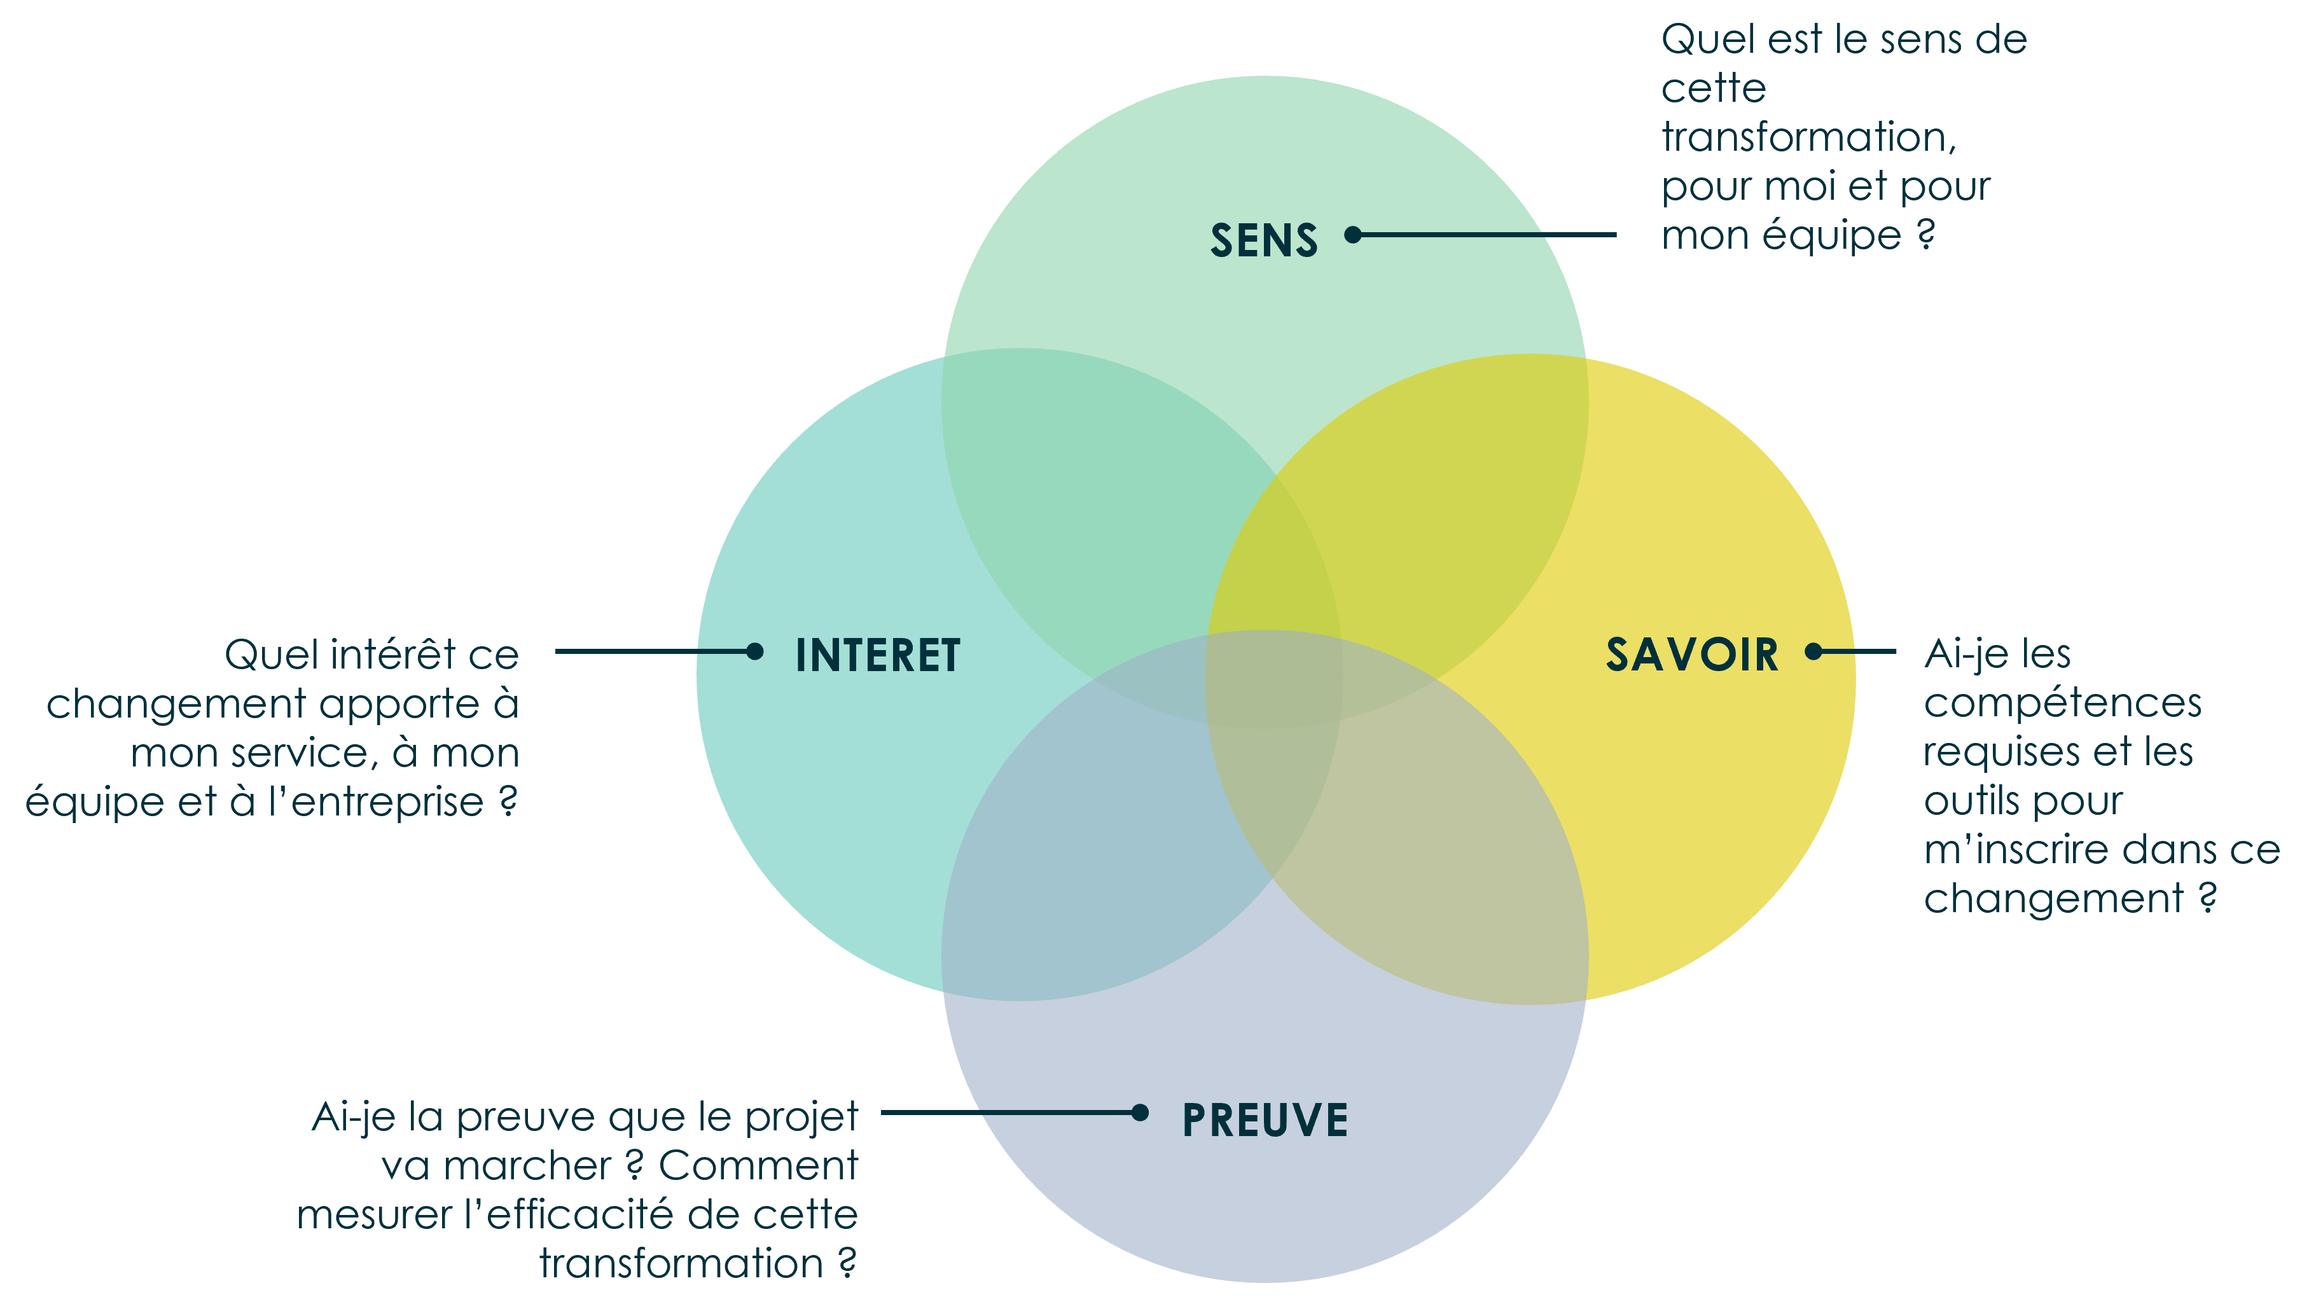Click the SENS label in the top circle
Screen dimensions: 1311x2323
[x=1263, y=240]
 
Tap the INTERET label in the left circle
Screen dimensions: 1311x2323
[x=877, y=655]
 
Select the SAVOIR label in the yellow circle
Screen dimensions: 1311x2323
[x=1692, y=655]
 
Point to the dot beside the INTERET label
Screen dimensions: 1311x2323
[x=755, y=651]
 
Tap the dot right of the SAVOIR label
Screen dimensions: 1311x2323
[x=1813, y=651]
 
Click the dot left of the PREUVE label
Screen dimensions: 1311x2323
[x=1140, y=1113]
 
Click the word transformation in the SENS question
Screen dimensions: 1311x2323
[x=1808, y=137]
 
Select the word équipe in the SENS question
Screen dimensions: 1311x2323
[x=1831, y=236]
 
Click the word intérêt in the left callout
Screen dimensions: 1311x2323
[x=389, y=655]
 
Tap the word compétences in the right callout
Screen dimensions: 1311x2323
[x=2062, y=704]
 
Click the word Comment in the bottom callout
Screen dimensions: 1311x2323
[x=758, y=1166]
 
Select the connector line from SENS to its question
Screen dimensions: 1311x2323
[x=1488, y=235]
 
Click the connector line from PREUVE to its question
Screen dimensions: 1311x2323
[x=1006, y=1113]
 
